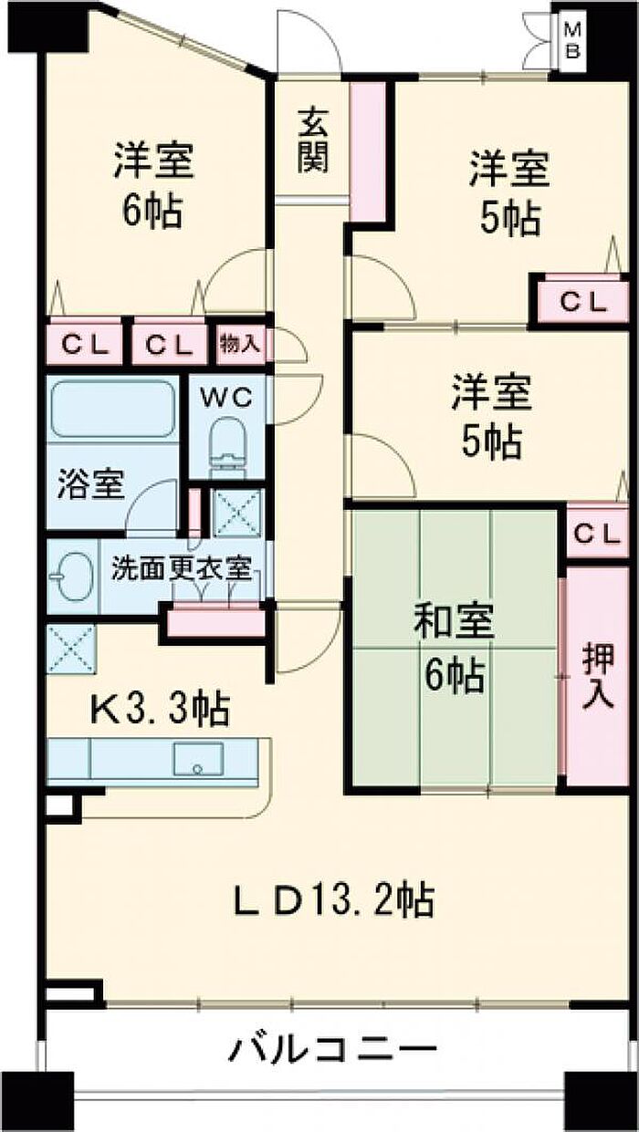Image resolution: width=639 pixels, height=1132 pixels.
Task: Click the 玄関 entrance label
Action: coord(312,140)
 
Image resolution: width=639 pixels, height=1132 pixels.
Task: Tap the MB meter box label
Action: coord(572,39)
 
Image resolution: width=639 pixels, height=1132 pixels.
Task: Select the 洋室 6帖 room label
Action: coord(152,185)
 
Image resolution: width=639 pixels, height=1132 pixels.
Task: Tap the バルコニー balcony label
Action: coord(331,1050)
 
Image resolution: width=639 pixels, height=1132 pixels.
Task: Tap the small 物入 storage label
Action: coord(239,345)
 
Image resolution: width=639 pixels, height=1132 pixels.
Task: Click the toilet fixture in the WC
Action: coord(225,443)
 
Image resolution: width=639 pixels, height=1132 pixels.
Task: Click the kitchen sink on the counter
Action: coord(199,758)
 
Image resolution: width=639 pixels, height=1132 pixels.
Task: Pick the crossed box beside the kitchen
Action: coord(71,649)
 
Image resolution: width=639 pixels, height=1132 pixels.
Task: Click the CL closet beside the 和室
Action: coord(598,534)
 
